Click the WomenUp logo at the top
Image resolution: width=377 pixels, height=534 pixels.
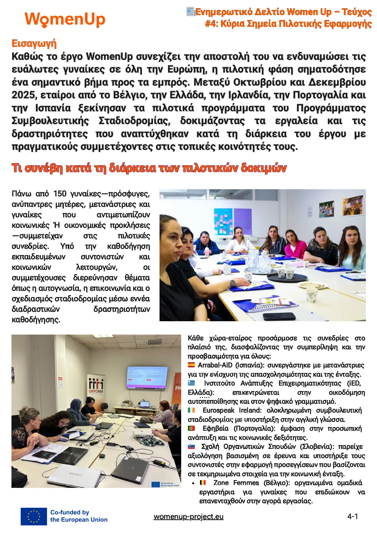coord(65,19)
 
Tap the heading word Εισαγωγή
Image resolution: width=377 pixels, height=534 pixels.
coord(34,44)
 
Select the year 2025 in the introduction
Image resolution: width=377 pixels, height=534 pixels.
coord(22,95)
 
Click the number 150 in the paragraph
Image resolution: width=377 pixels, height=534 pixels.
coord(60,194)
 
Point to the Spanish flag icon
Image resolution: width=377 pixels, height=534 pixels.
coord(191,365)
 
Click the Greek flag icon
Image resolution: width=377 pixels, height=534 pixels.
coord(191,383)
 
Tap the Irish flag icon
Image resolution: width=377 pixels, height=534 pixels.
coord(191,410)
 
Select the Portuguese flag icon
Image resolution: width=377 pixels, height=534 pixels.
coord(191,428)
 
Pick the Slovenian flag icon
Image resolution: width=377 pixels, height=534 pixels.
coord(191,447)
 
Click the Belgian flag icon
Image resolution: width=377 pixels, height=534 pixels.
coord(203,482)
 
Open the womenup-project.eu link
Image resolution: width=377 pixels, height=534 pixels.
coord(188,517)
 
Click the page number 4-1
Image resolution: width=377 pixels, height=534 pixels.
coord(352,517)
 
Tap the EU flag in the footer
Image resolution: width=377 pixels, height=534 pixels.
coord(34,516)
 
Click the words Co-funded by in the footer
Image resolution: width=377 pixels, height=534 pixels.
coord(70,512)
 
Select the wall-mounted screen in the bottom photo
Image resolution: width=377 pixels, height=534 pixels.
coord(147,377)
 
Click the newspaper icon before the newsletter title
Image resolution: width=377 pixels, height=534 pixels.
coord(190,12)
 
